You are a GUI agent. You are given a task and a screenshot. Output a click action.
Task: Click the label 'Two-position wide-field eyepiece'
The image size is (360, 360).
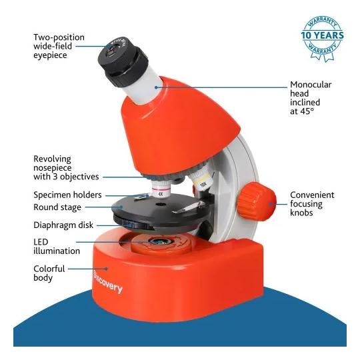(x=59, y=46)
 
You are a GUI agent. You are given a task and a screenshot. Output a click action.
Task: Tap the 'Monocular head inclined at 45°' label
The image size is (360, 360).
(x=311, y=98)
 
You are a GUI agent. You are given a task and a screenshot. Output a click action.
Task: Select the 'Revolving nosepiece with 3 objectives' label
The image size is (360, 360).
(x=66, y=168)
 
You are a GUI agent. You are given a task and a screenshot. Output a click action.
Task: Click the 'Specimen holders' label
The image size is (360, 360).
(x=67, y=195)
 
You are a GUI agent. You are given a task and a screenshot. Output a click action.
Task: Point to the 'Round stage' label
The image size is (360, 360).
(x=57, y=207)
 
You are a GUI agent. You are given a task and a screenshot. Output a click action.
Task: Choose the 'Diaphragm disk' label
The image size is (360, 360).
(x=63, y=225)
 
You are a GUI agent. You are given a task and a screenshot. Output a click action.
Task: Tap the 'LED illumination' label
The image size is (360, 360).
(x=57, y=247)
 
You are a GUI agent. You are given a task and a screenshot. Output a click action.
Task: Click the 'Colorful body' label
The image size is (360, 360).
(x=49, y=273)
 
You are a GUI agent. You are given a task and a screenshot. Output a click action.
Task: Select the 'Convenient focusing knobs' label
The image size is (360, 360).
(x=312, y=204)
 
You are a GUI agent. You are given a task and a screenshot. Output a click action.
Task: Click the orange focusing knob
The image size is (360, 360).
(x=257, y=201)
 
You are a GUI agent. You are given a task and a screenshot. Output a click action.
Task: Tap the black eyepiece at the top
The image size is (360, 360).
(x=123, y=61)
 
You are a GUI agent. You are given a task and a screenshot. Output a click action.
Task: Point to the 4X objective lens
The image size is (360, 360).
(x=161, y=189)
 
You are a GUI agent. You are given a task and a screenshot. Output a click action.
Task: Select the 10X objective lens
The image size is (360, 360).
(x=201, y=179)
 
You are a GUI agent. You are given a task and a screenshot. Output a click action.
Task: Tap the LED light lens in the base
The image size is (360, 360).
(x=160, y=241)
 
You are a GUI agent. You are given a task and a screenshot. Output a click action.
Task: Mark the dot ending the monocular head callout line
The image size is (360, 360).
(x=156, y=87)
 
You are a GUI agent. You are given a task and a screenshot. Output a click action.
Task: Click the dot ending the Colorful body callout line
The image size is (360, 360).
(x=106, y=269)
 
